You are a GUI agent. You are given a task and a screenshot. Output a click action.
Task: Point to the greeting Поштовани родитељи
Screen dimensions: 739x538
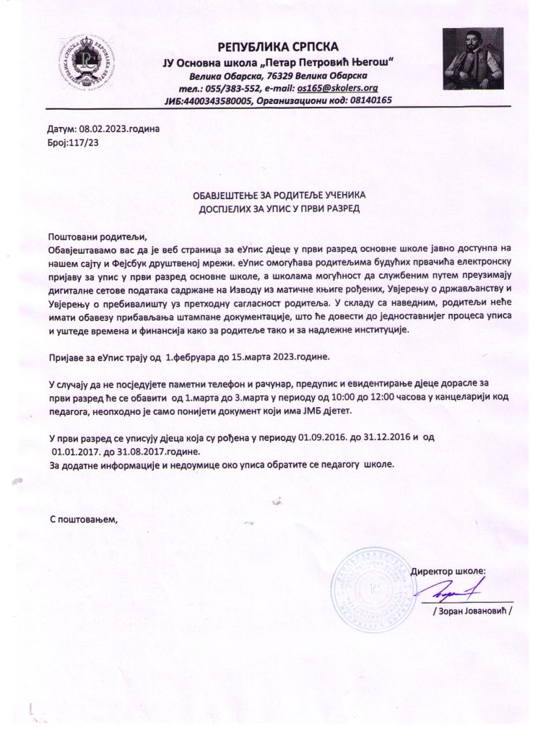coord(96,237)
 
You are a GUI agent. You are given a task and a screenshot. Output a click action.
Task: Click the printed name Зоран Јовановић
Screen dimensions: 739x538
coord(472,611)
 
